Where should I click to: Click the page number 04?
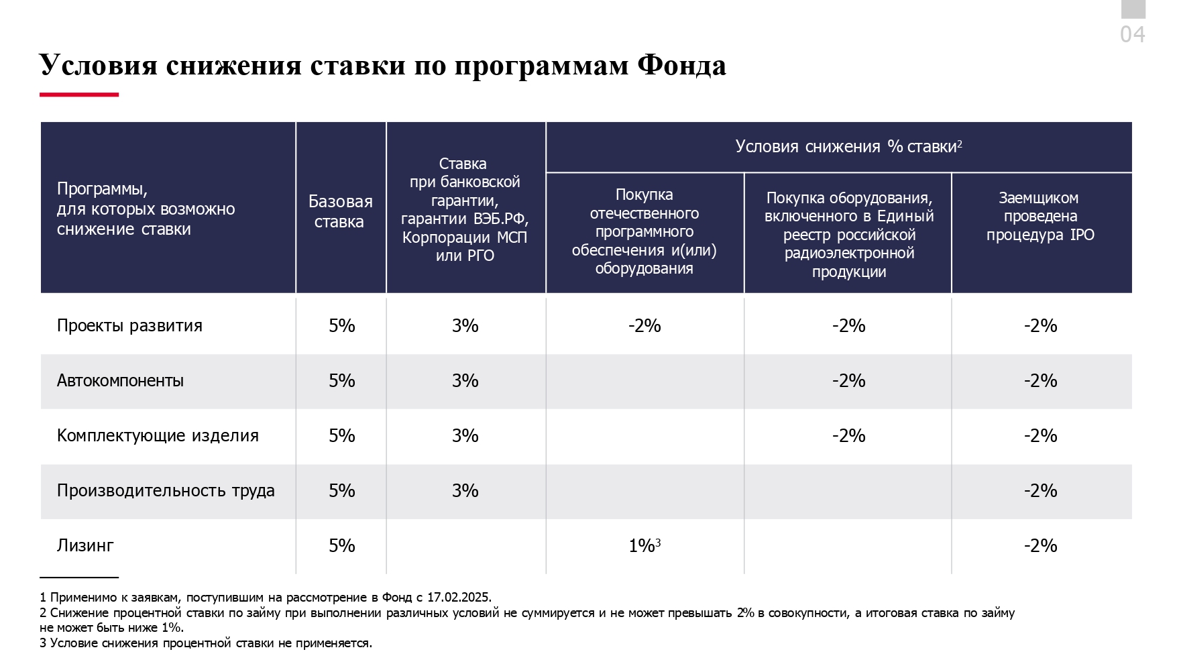(1132, 34)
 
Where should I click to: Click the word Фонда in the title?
(681, 66)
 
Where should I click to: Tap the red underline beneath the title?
(79, 95)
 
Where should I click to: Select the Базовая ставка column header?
(340, 211)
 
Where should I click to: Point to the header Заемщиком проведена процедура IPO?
(1040, 216)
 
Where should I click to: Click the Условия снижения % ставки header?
(848, 147)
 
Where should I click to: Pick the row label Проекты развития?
(129, 326)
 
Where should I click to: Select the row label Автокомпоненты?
(120, 381)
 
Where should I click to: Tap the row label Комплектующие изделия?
(158, 436)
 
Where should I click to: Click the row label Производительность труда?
(166, 491)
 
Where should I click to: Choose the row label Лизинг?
(85, 546)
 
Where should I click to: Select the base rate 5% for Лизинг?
(341, 546)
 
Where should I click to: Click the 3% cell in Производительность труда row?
(465, 491)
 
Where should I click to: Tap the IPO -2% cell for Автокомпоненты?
(1040, 381)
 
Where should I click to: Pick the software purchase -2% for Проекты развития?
(644, 326)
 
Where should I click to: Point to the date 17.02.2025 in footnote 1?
(459, 598)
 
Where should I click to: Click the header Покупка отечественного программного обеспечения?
(644, 231)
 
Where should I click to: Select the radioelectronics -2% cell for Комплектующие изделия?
(848, 436)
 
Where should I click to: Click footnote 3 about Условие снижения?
(206, 643)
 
